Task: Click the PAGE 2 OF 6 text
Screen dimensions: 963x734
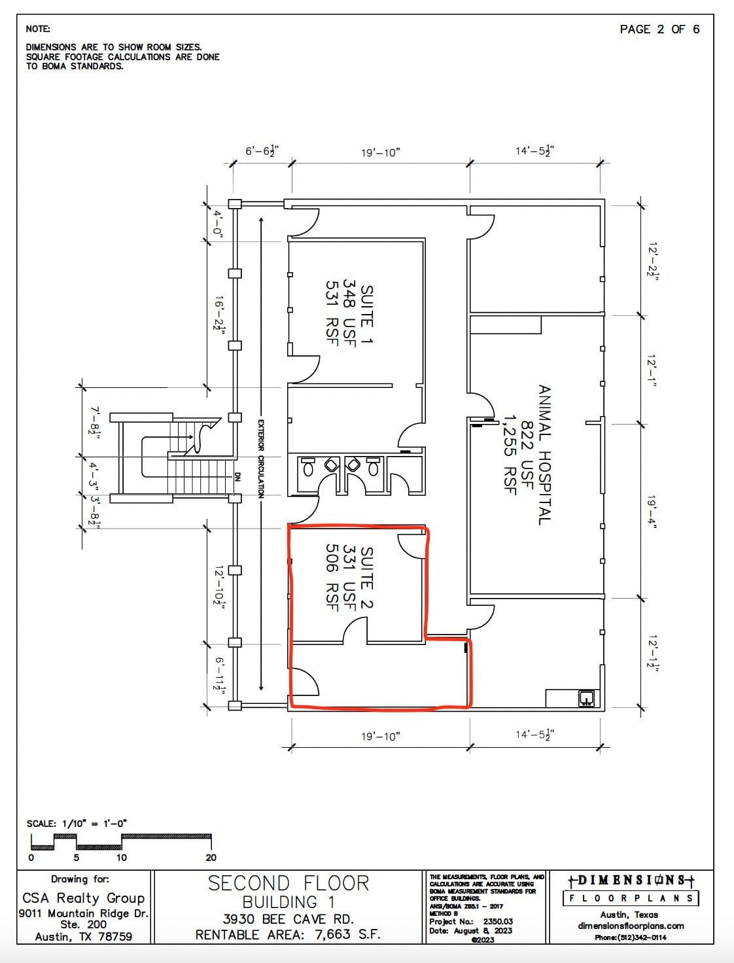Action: [659, 29]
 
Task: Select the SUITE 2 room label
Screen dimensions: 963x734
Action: [367, 578]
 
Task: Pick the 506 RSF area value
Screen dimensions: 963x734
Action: [332, 578]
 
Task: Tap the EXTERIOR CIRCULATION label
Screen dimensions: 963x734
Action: [260, 459]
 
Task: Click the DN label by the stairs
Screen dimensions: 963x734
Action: [237, 477]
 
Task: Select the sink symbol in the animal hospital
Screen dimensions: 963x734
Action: [586, 698]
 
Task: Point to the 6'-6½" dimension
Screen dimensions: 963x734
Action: [262, 152]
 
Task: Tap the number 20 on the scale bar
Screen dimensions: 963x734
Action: [211, 857]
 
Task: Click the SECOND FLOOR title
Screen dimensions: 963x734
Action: [288, 883]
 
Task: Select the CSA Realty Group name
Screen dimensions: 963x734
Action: [84, 898]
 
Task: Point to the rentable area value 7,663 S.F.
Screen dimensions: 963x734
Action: [347, 934]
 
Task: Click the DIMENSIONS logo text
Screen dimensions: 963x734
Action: [631, 881]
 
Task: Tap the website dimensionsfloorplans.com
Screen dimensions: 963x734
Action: [631, 926]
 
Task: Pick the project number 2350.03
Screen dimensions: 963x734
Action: [498, 921]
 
